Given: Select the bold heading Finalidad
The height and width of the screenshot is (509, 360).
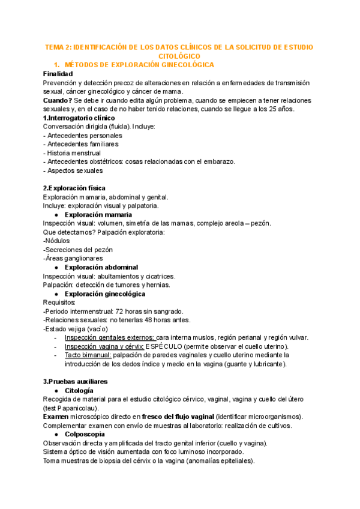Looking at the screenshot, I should tap(58, 73).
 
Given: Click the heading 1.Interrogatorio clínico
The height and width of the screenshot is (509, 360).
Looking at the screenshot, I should tap(79, 118).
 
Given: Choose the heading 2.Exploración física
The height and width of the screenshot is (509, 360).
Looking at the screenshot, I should tap(74, 188).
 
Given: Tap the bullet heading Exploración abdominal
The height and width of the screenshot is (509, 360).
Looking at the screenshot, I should tap(101, 267).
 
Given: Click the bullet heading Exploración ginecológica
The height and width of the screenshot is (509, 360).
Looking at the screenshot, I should tap(105, 294).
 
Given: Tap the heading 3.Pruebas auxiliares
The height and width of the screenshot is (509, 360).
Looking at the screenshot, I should tap(76, 382).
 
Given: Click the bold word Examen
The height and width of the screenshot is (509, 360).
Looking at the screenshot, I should tap(57, 417).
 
